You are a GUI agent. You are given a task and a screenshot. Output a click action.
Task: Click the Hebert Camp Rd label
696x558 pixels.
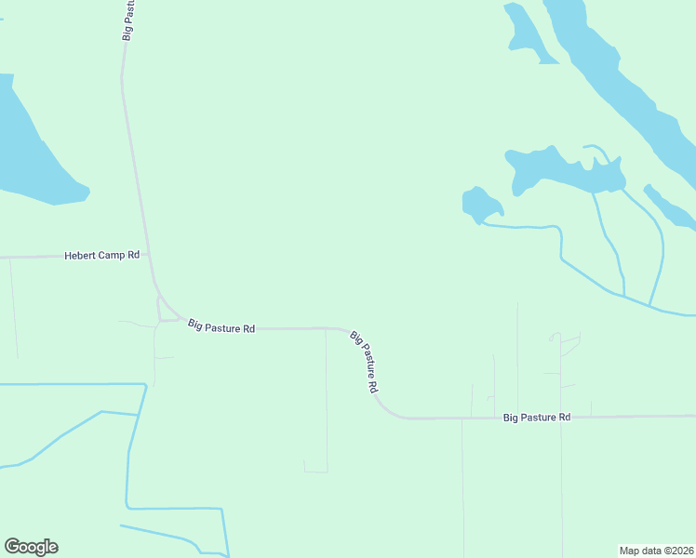[x=101, y=255]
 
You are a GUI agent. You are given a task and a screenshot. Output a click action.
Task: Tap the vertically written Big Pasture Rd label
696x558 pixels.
[x=127, y=20]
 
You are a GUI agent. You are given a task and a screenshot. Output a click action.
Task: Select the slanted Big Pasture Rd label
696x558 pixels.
[x=365, y=360]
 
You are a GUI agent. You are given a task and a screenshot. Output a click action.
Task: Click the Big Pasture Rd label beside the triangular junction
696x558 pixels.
[x=221, y=326]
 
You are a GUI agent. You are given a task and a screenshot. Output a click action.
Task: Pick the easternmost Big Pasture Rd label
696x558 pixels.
[x=536, y=418]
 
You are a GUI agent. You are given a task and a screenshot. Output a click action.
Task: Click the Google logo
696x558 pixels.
[x=31, y=547]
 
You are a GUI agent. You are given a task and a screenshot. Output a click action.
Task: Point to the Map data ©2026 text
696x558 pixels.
[x=657, y=550]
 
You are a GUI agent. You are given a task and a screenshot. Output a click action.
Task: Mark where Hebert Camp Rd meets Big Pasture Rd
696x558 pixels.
[x=147, y=253]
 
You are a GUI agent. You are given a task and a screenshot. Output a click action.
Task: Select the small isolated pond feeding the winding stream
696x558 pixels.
[x=480, y=203]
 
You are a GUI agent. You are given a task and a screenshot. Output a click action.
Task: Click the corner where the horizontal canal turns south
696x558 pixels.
[x=145, y=384]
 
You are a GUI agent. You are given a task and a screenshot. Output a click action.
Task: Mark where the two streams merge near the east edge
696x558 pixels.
[x=649, y=304]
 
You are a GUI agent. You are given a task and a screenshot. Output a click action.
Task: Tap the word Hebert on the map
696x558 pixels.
[x=80, y=255]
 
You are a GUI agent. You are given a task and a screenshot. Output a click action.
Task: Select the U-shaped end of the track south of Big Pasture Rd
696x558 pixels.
[x=316, y=470]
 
